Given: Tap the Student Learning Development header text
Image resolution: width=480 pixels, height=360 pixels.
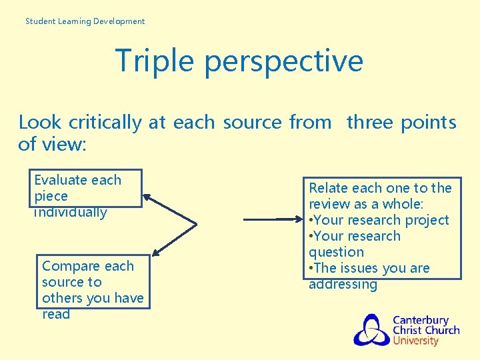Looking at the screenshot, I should [x=85, y=21].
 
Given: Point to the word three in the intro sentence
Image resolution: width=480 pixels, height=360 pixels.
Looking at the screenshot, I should [x=371, y=123].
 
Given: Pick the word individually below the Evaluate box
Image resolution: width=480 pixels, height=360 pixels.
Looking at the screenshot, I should [x=70, y=213].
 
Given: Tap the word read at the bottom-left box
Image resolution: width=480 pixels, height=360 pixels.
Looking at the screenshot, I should [x=55, y=314].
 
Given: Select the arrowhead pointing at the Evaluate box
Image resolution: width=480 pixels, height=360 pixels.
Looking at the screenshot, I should [x=147, y=197].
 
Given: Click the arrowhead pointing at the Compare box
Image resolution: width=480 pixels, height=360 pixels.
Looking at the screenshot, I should [x=156, y=251].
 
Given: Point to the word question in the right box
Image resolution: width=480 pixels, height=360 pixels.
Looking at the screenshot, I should [x=336, y=252].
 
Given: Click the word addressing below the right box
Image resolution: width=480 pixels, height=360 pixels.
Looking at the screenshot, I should [x=343, y=285].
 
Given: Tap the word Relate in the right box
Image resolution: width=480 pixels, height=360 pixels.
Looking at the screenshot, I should [x=327, y=188].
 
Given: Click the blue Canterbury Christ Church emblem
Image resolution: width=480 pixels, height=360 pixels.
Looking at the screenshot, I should [x=371, y=330].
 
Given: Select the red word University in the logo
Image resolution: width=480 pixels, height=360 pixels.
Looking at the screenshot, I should [x=415, y=341].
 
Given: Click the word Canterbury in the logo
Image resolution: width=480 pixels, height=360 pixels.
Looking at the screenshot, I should [x=420, y=320].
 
